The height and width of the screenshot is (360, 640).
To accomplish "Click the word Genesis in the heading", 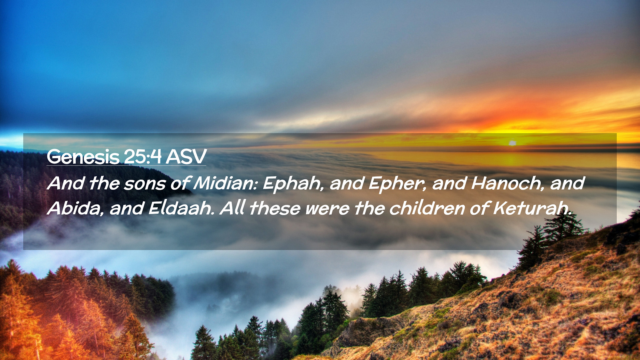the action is point(83,157).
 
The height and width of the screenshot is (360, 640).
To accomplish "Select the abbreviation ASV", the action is point(186,157).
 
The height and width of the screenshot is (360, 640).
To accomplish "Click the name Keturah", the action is point(531,208).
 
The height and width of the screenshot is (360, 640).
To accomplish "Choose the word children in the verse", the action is point(427,208).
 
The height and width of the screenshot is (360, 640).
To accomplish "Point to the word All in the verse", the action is point(232,208).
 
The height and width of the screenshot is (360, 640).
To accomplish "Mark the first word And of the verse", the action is point(65,183).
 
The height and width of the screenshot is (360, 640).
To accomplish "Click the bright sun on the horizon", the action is point(512,143).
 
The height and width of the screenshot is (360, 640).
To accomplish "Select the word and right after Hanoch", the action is point(567,183).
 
